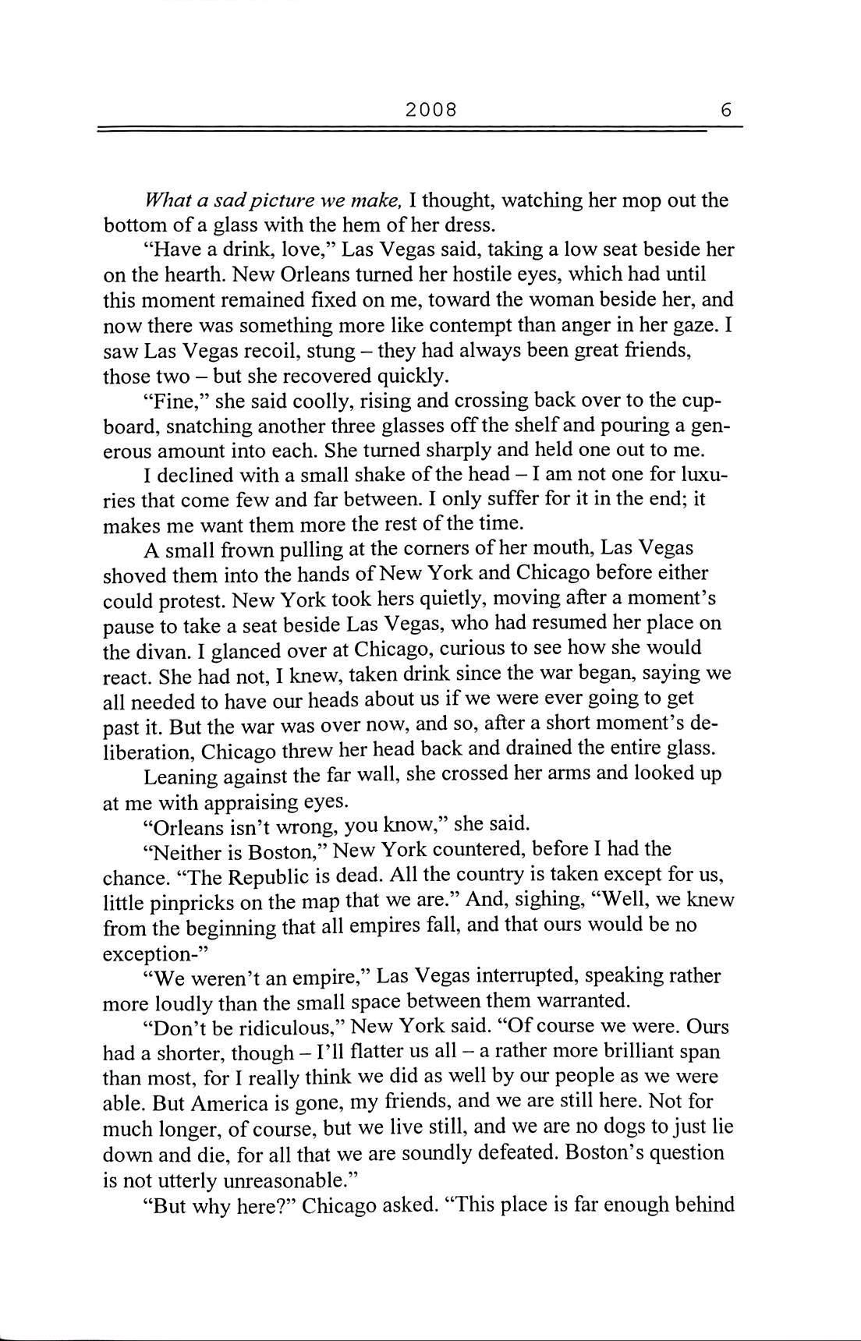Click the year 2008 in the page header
(430, 110)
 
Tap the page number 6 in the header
(726, 110)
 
